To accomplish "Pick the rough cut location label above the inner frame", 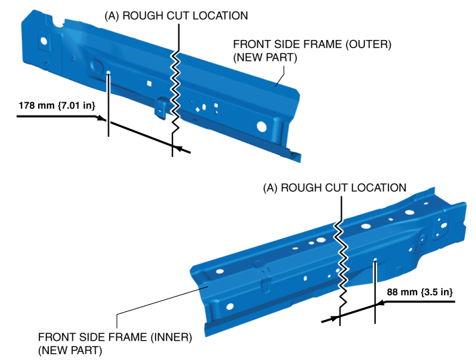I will point(334,188).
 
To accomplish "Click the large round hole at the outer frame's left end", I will point(43,41).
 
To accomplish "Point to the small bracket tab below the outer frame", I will point(161,107).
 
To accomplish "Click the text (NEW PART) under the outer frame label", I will point(264,58).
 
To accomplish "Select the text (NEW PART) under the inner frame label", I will point(70,350).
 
